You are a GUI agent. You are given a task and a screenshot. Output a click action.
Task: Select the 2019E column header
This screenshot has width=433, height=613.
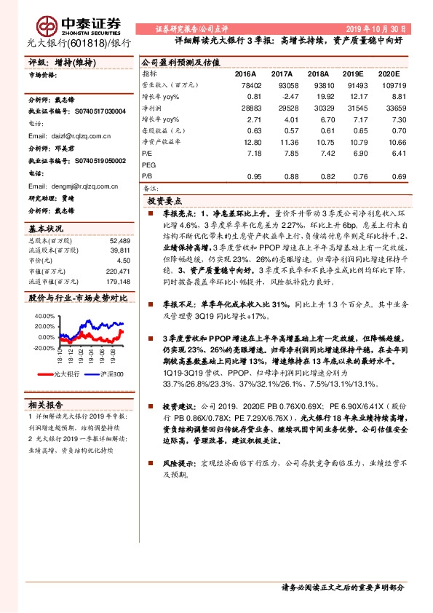352,74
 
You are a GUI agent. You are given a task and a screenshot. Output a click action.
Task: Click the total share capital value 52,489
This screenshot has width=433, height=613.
119,240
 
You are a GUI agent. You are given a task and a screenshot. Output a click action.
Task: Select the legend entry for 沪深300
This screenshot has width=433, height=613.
110,373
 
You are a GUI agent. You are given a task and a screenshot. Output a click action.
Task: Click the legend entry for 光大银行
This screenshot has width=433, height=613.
67,373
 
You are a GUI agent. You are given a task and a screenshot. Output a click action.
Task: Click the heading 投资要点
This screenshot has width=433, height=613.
164,200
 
